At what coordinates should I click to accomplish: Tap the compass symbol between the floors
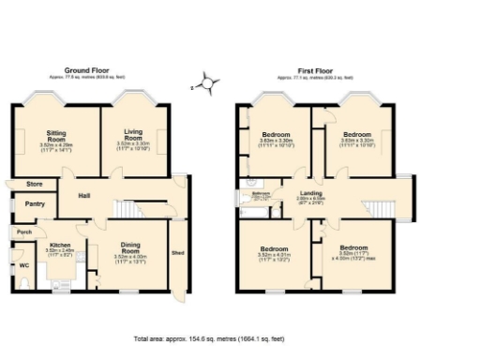pyautogui.click(x=207, y=84)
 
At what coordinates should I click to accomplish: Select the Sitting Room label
pyautogui.click(x=57, y=135)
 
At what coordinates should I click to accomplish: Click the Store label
pyautogui.click(x=36, y=184)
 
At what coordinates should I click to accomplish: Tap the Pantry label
pyautogui.click(x=35, y=203)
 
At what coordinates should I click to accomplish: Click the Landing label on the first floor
pyautogui.click(x=309, y=193)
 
